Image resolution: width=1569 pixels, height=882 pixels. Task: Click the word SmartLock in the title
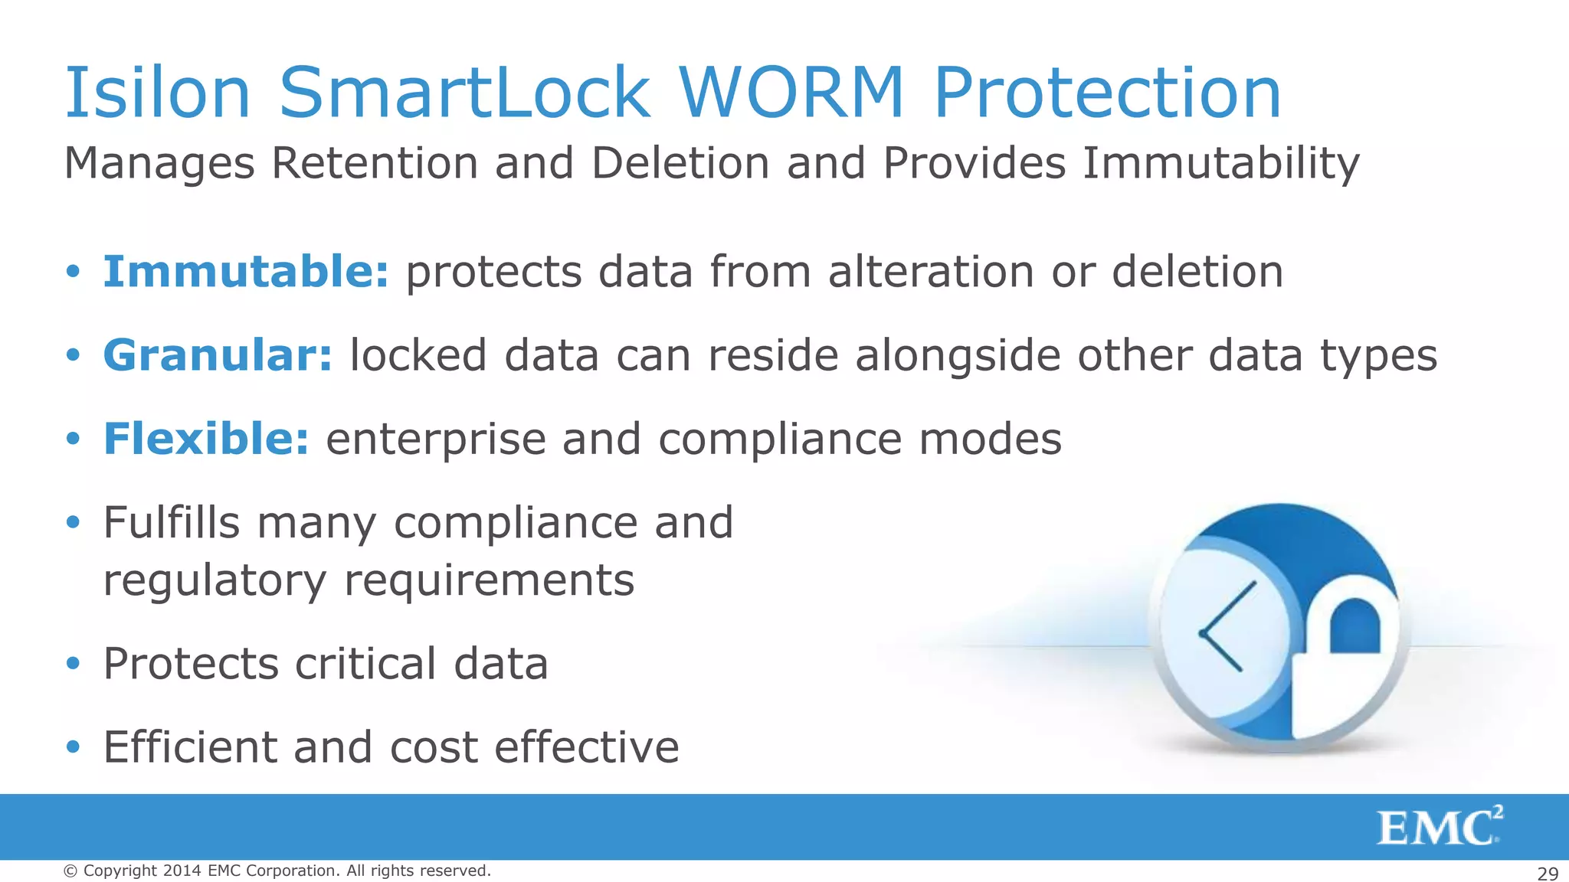tap(465, 93)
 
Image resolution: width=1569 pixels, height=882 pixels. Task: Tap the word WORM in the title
tap(792, 93)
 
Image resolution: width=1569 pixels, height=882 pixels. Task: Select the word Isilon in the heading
tap(158, 93)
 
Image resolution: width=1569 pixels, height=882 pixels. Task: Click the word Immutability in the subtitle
tap(1220, 164)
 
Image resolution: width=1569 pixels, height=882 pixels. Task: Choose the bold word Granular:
tap(218, 355)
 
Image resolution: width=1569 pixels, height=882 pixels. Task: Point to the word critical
tap(365, 663)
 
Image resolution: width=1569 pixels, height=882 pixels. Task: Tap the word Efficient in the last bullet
tap(190, 746)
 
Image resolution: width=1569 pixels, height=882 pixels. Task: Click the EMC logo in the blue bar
tap(1439, 828)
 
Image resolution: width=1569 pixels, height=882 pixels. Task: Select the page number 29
tap(1548, 874)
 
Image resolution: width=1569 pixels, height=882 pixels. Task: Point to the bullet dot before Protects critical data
tap(73, 664)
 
